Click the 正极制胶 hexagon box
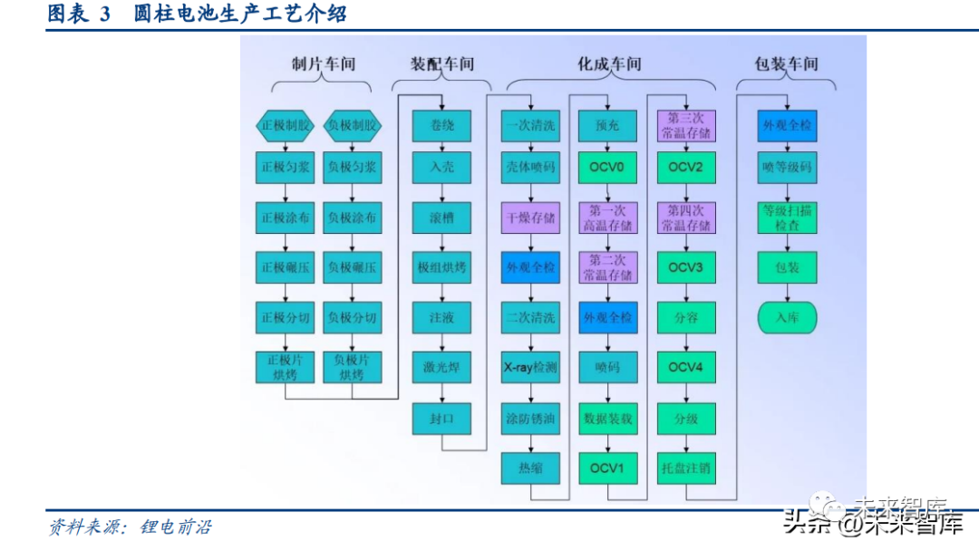pyautogui.click(x=286, y=125)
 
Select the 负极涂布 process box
pyautogui.click(x=352, y=218)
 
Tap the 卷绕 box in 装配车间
pyautogui.click(x=441, y=125)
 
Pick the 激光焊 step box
pyautogui.click(x=441, y=367)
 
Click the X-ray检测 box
pyautogui.click(x=530, y=368)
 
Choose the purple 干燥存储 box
pyautogui.click(x=530, y=218)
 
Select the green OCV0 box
pyautogui.click(x=607, y=168)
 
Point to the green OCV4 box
pyautogui.click(x=685, y=368)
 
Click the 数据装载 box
pyautogui.click(x=607, y=419)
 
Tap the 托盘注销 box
pyautogui.click(x=685, y=469)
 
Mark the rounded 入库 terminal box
pyautogui.click(x=787, y=318)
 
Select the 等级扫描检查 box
pyautogui.click(x=787, y=218)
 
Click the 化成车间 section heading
pyautogui.click(x=609, y=64)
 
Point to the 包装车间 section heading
pyautogui.click(x=786, y=64)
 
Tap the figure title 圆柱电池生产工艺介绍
pyautogui.click(x=239, y=14)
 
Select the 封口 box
pyautogui.click(x=441, y=418)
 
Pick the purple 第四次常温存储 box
pyautogui.click(x=685, y=218)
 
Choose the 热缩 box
pyautogui.click(x=530, y=469)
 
